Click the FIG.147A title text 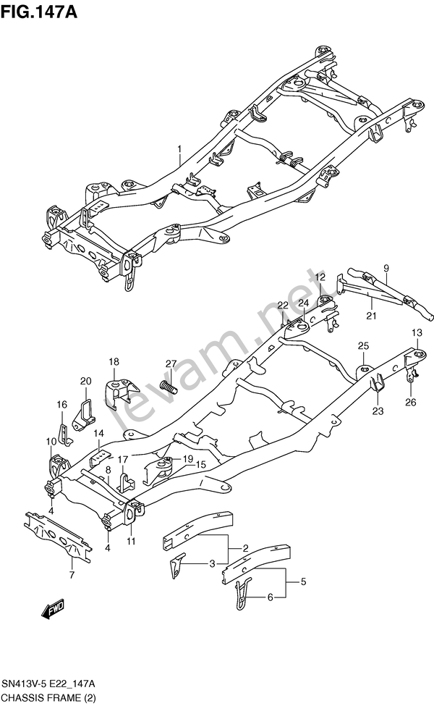click(x=38, y=12)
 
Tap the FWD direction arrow click(x=53, y=608)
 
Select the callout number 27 click(x=171, y=364)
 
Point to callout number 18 click(x=114, y=361)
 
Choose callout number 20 click(x=85, y=381)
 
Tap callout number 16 click(x=61, y=405)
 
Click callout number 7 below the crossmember click(x=72, y=574)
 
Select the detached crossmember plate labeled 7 click(x=58, y=537)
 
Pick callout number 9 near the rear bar click(x=386, y=269)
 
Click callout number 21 click(x=371, y=316)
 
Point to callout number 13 click(x=417, y=333)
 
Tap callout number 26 click(x=411, y=402)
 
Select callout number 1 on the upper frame click(x=179, y=148)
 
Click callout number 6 click(x=271, y=597)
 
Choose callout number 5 click(x=304, y=581)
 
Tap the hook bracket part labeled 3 click(x=176, y=564)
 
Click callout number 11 click(x=131, y=541)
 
